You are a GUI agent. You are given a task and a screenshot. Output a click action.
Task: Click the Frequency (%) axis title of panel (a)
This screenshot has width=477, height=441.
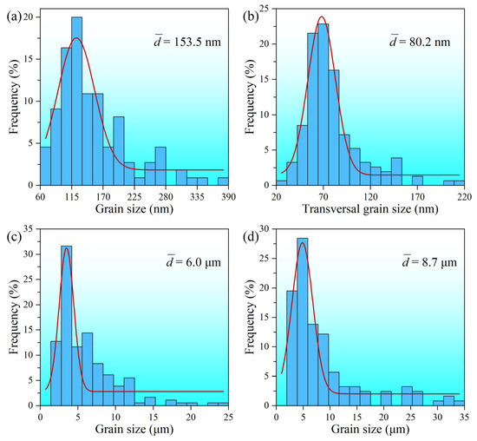click(x=11, y=95)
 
